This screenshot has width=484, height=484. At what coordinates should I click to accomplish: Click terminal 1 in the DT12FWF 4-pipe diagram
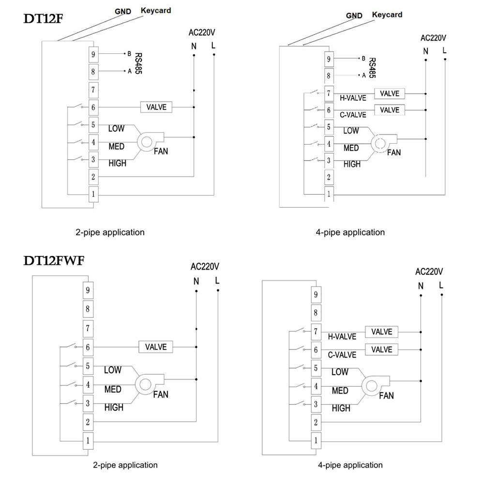[316, 440]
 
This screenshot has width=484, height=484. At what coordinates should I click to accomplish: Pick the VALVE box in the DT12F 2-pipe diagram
[156, 107]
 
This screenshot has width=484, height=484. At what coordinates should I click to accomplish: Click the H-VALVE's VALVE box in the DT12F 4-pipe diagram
[390, 93]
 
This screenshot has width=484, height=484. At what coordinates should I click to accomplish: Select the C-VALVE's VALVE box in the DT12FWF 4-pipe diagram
[381, 349]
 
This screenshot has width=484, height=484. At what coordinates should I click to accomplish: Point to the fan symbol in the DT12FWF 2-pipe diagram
[145, 384]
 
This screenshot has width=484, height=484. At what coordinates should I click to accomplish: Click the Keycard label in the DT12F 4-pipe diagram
[387, 15]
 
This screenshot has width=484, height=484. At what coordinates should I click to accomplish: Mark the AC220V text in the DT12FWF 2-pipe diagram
[205, 266]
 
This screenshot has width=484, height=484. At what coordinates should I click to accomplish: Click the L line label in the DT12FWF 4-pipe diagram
[441, 285]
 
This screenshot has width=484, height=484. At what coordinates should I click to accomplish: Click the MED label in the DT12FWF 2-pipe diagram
[113, 389]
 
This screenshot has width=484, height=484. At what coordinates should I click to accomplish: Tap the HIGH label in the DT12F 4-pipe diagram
[352, 164]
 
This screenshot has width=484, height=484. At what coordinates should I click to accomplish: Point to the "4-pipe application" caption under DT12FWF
[350, 465]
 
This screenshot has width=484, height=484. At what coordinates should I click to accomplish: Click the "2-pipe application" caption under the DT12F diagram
[110, 232]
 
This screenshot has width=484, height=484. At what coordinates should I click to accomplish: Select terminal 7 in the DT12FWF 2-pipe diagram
[88, 328]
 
